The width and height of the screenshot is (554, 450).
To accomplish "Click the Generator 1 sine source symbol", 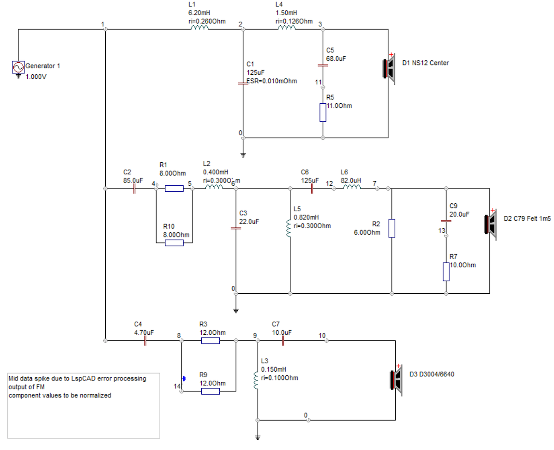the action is pyautogui.click(x=18, y=67).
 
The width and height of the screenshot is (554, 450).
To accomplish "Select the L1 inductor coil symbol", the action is pyautogui.click(x=199, y=28).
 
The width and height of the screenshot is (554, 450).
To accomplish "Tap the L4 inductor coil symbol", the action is pyautogui.click(x=287, y=28).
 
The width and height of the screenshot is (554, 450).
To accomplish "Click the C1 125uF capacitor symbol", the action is pyautogui.click(x=243, y=83).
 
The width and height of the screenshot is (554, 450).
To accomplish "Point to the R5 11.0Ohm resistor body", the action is pyautogui.click(x=323, y=112).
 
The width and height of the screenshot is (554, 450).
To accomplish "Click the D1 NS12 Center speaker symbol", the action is pyautogui.click(x=389, y=69).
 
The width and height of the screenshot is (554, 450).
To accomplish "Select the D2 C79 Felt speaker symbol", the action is pyautogui.click(x=490, y=225).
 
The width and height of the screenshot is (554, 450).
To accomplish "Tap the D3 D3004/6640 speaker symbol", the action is pyautogui.click(x=396, y=380).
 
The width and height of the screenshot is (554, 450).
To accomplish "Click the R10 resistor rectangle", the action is pyautogui.click(x=174, y=243).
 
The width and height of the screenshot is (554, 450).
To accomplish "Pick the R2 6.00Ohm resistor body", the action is pyautogui.click(x=391, y=228).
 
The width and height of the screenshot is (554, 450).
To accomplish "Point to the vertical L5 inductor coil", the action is pyautogui.click(x=289, y=228).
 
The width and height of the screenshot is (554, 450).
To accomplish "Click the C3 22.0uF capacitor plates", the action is pyautogui.click(x=236, y=228).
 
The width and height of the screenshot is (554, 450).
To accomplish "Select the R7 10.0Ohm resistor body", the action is pyautogui.click(x=446, y=272).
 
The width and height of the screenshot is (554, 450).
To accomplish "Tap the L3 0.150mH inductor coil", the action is pyautogui.click(x=256, y=380).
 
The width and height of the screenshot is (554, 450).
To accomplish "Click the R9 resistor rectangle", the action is pyautogui.click(x=211, y=391).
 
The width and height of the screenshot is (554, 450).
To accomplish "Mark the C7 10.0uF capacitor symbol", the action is pyautogui.click(x=283, y=340).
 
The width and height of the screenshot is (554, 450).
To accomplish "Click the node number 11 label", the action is pyautogui.click(x=319, y=83).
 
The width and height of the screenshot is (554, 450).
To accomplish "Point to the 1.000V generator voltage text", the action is pyautogui.click(x=36, y=77).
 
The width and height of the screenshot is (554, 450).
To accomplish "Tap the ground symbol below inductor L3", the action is pyautogui.click(x=258, y=438).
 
